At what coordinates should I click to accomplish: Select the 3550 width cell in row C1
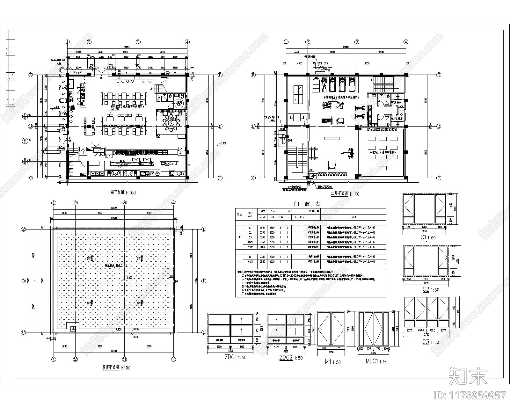click(x=263, y=228)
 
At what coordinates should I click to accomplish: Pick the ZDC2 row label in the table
click(x=250, y=247)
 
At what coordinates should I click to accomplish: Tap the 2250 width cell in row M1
click(x=263, y=257)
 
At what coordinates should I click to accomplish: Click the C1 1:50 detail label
click(x=427, y=237)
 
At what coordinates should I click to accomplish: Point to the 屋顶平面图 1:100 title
click(x=115, y=367)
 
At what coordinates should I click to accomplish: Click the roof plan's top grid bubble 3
click(x=125, y=202)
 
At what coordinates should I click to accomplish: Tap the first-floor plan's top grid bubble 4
click(x=187, y=42)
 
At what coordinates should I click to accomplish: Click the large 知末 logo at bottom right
click(x=467, y=376)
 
